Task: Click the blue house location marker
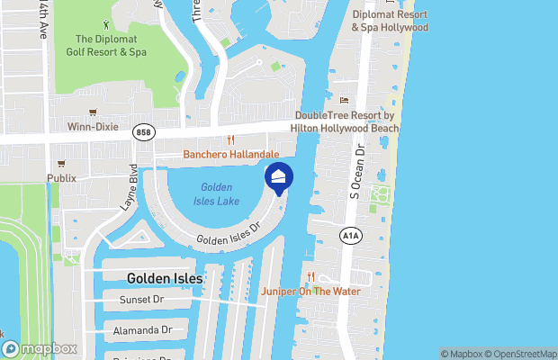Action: (279, 178)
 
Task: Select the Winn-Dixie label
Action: (93, 127)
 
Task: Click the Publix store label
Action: (62, 178)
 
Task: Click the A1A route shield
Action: (350, 235)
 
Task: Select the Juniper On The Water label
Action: (310, 291)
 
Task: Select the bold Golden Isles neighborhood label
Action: (165, 279)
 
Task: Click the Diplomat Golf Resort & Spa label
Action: (111, 45)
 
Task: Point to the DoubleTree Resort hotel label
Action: (343, 122)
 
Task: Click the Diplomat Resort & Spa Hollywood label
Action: (390, 21)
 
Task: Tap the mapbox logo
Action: (40, 349)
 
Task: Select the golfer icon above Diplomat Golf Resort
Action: (108, 24)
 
